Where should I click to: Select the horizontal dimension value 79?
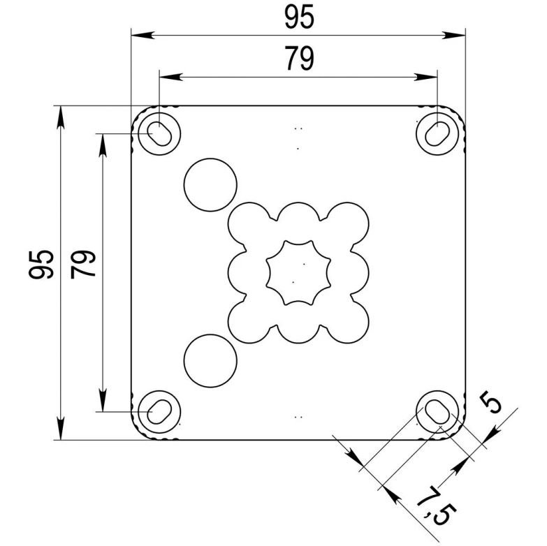[x=299, y=59]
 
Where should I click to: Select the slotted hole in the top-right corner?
[x=439, y=132]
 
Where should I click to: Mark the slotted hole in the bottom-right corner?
[x=439, y=411]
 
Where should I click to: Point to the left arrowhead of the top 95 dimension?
[x=138, y=34]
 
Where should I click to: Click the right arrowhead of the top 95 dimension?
[x=460, y=34]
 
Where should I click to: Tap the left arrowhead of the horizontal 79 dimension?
[x=166, y=75]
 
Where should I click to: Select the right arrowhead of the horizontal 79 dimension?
[x=431, y=75]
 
